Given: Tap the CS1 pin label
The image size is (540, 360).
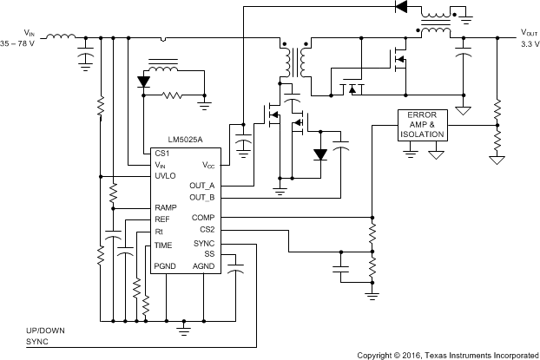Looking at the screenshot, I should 161,153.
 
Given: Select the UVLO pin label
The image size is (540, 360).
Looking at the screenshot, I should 165,175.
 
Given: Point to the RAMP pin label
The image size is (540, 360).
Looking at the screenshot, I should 166,208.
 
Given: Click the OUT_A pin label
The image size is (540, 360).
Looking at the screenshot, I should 202,186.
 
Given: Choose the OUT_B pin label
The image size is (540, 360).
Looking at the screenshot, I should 202,197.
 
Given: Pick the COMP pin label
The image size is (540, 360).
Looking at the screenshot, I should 204,218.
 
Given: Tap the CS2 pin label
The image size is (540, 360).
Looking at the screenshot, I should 207,230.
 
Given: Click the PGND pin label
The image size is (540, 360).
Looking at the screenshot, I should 165,265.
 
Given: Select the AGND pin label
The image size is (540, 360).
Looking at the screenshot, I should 204,265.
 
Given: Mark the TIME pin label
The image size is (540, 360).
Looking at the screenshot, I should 163,245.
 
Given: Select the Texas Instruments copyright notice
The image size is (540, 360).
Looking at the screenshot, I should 446,355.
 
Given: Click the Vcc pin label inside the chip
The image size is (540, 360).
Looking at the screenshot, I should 208,164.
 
